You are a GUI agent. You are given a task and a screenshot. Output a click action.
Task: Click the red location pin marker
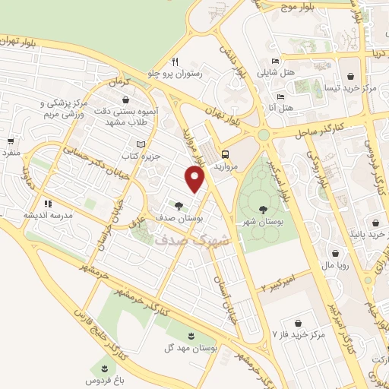tap(196, 179)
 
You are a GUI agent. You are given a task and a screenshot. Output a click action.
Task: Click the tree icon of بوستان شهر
tap(263, 209)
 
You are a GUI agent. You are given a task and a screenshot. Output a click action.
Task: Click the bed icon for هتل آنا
tap(280, 97)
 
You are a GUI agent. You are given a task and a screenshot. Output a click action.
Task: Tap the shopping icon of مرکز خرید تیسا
tap(350, 76)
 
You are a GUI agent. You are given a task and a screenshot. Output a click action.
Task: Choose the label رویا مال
tap(335, 266)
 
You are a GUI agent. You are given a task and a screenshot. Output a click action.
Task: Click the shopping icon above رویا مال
tap(335, 253)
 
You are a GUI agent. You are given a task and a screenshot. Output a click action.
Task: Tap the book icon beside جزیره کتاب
tap(139, 144)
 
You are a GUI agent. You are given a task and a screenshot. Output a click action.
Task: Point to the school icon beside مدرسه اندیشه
tap(48, 204)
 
